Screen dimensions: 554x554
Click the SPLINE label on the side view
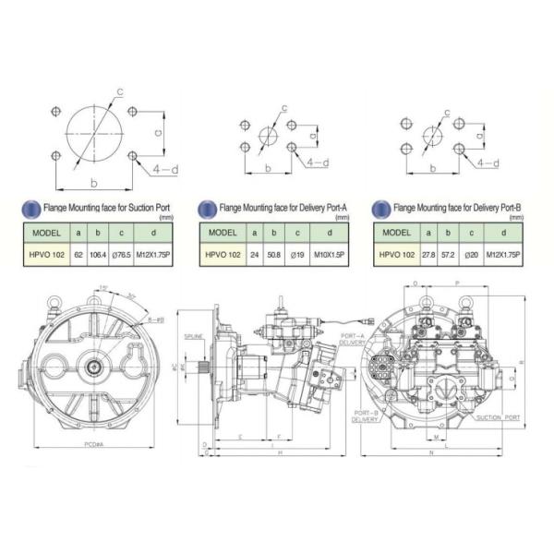pyautogui.click(x=193, y=335)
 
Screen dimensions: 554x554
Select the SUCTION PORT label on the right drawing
pyautogui.click(x=499, y=417)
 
